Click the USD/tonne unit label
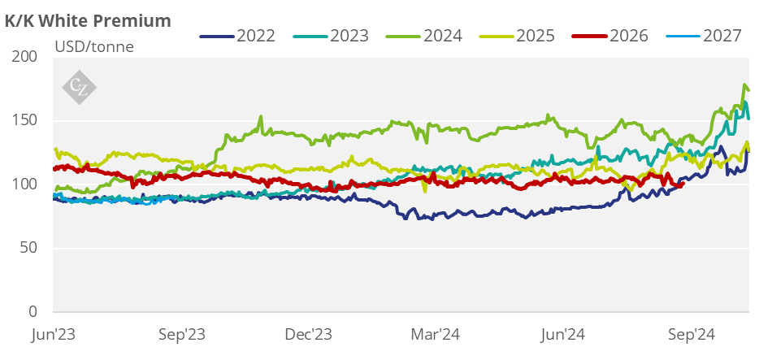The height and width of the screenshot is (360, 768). click(x=93, y=46)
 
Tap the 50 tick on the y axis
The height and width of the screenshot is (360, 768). click(x=30, y=248)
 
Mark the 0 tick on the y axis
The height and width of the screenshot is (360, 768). click(x=33, y=312)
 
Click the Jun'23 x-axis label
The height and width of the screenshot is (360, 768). click(x=54, y=334)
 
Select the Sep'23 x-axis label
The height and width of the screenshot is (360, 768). click(x=181, y=334)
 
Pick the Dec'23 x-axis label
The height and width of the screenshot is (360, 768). click(x=310, y=334)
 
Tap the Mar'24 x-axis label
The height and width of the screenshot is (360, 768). click(x=437, y=334)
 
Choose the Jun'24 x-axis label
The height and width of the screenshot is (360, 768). click(x=564, y=334)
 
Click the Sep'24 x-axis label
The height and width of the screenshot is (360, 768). click(x=692, y=334)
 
